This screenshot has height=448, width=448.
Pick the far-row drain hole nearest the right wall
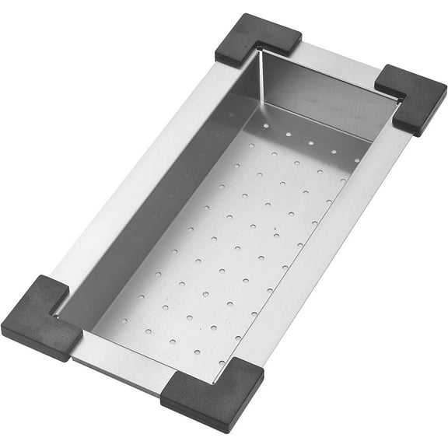coord(357,160)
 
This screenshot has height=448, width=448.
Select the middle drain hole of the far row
coord(310,142)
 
